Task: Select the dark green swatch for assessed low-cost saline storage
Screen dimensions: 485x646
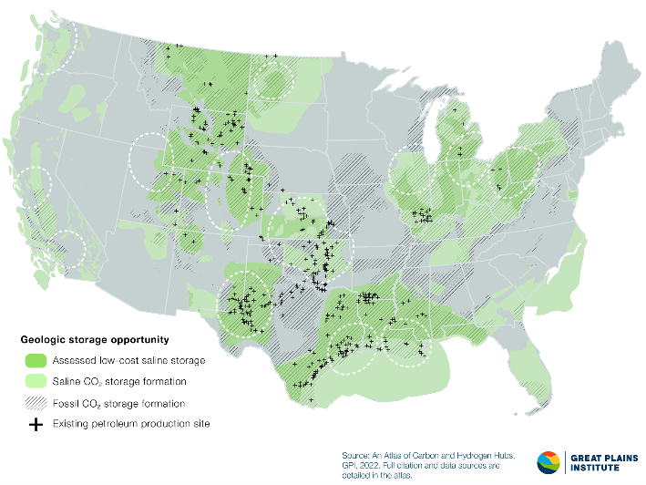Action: tap(36, 360)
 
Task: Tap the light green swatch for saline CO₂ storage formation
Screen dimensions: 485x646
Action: tap(36, 381)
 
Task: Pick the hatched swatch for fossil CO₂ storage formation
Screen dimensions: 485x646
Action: tap(36, 403)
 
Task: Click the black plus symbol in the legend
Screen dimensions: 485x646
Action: tap(36, 424)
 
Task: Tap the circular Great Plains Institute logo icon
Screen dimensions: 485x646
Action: tap(550, 462)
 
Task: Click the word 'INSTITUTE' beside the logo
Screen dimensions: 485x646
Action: tap(593, 469)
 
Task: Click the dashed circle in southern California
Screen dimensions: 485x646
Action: tap(67, 248)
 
